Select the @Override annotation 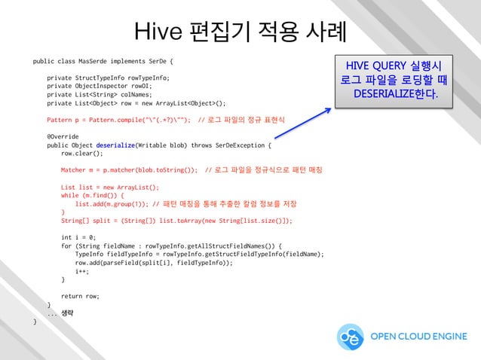(x=63, y=136)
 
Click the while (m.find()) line (x=92, y=195)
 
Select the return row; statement (x=81, y=296)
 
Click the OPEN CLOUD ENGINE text (x=418, y=337)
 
